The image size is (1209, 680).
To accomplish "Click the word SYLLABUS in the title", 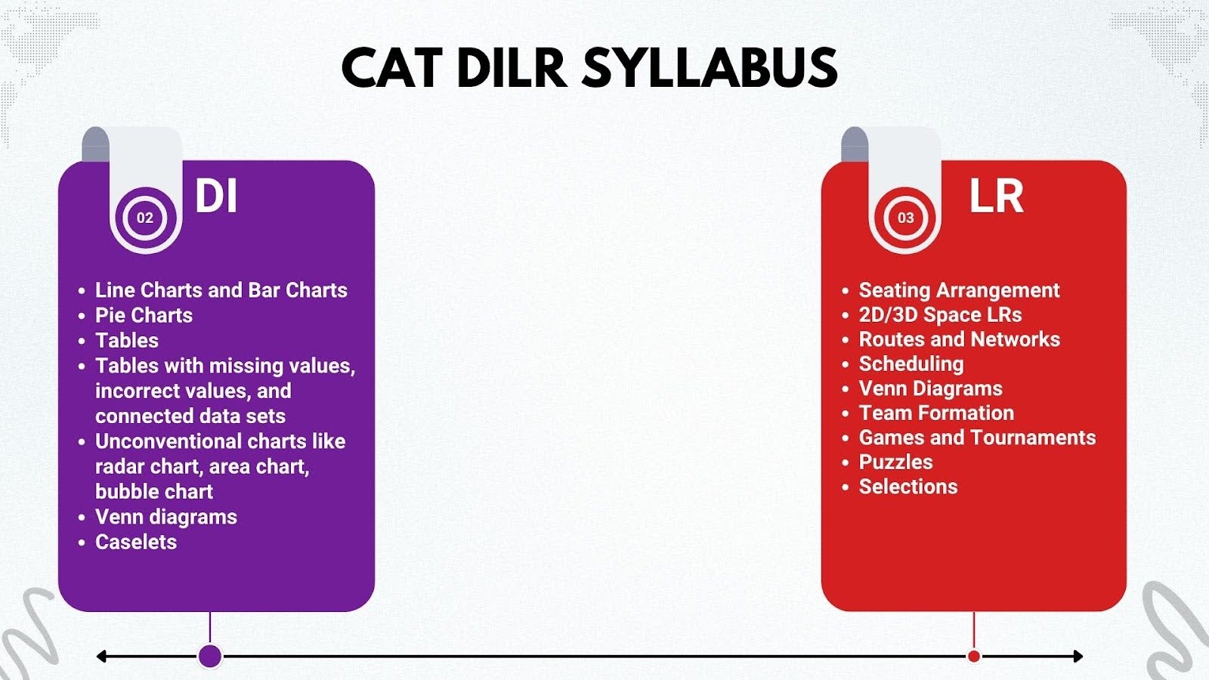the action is point(710,67).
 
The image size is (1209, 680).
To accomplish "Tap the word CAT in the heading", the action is point(392,67).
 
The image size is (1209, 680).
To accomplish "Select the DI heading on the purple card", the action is point(216,196).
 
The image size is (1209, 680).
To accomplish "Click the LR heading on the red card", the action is point(996,196).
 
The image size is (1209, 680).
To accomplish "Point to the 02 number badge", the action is point(144,218).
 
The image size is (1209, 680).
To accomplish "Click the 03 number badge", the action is point(905,218).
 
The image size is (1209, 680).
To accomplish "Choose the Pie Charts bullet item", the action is point(144,315).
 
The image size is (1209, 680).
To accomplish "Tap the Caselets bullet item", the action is point(135,542).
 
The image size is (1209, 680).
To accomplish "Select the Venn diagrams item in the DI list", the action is point(165,517).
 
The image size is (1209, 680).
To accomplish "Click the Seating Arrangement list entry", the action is point(959,290).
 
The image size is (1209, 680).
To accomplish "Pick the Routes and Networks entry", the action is point(959,339).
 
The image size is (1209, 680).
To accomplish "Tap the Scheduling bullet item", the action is point(911,364).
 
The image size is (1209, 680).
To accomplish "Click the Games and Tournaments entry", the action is point(978,437).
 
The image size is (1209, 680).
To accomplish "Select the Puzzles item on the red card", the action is point(895,462).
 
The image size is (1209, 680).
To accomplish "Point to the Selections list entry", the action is point(908,487).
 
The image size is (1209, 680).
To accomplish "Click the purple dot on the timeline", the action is point(210,657).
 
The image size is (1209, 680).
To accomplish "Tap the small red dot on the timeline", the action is point(974,657).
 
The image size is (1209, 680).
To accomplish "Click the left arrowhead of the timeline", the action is point(101,657).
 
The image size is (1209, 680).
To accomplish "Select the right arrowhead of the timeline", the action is point(1078,657).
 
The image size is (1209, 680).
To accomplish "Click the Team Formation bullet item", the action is point(936,413).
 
